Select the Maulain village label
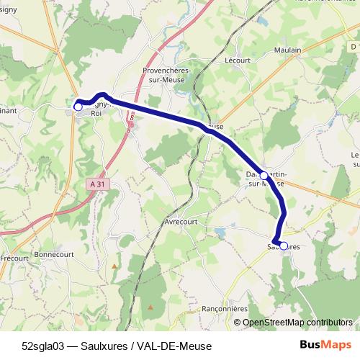(x=287, y=50)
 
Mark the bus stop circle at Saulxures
(x=284, y=246)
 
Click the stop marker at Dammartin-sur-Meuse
(x=264, y=176)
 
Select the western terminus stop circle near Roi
(x=78, y=107)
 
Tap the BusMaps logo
(x=325, y=344)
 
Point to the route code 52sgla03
(x=45, y=345)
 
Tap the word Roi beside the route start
(x=96, y=114)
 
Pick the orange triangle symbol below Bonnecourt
(x=113, y=266)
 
